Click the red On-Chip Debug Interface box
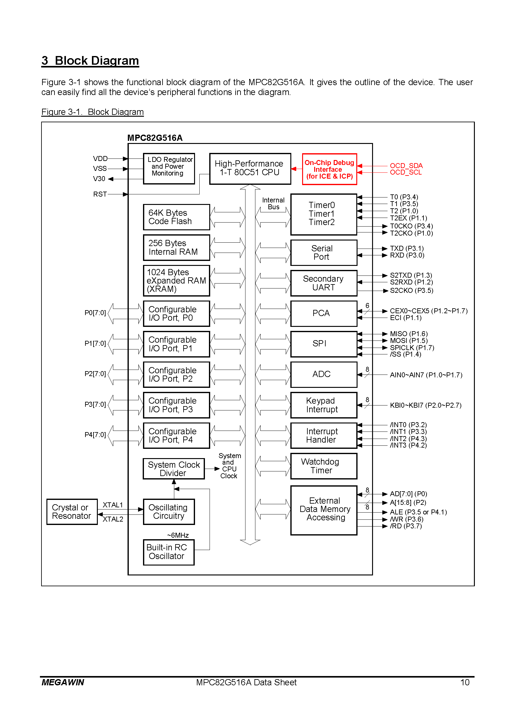pyautogui.click(x=329, y=169)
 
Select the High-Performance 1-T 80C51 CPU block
pyautogui.click(x=250, y=169)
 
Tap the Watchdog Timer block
pyautogui.click(x=324, y=466)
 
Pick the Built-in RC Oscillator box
pyautogui.click(x=169, y=552)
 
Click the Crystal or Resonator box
pyautogui.click(x=72, y=512)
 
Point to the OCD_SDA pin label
pyautogui.click(x=406, y=166)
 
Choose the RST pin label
pyautogui.click(x=100, y=194)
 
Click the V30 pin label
pyautogui.click(x=99, y=179)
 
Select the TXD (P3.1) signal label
pyautogui.click(x=407, y=249)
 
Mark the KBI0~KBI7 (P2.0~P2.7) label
pyautogui.click(x=426, y=405)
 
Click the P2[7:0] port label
pyautogui.click(x=95, y=374)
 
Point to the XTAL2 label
pyautogui.click(x=113, y=519)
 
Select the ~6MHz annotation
pyautogui.click(x=178, y=535)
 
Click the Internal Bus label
pyautogui.click(x=273, y=203)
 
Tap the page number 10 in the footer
pyautogui.click(x=465, y=683)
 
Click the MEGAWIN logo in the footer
pyautogui.click(x=63, y=683)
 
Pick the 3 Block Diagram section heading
pyautogui.click(x=90, y=61)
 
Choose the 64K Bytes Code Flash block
pyautogui.click(x=176, y=217)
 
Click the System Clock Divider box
pyautogui.click(x=174, y=469)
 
